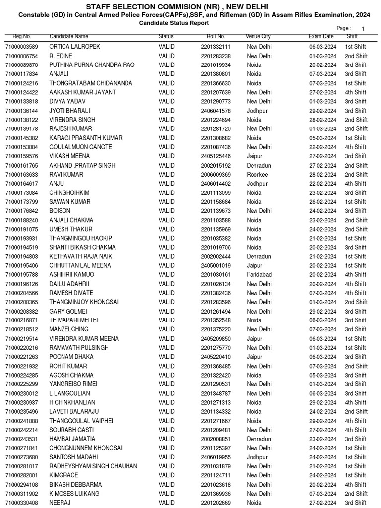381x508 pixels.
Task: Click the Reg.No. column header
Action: coord(22,37)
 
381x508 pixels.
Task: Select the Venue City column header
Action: coord(258,37)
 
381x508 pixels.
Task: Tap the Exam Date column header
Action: coord(321,37)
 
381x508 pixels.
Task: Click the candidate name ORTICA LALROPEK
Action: coord(74,47)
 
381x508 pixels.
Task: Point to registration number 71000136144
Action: coord(22,111)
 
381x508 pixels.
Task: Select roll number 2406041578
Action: coord(216,111)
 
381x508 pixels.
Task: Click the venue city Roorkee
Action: coord(257,175)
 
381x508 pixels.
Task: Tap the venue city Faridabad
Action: coord(259,275)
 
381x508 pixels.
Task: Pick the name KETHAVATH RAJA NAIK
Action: coord(81,256)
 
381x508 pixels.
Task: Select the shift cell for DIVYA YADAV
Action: coord(356,101)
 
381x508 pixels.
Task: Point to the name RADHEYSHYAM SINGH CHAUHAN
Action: coord(93,466)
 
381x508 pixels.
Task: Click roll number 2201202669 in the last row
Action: coord(216,503)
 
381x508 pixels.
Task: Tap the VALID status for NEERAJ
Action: coord(166,503)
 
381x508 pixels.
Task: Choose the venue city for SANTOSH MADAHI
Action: coord(257,457)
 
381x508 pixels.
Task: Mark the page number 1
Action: coord(363,29)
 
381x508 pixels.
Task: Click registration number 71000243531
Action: coord(22,439)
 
